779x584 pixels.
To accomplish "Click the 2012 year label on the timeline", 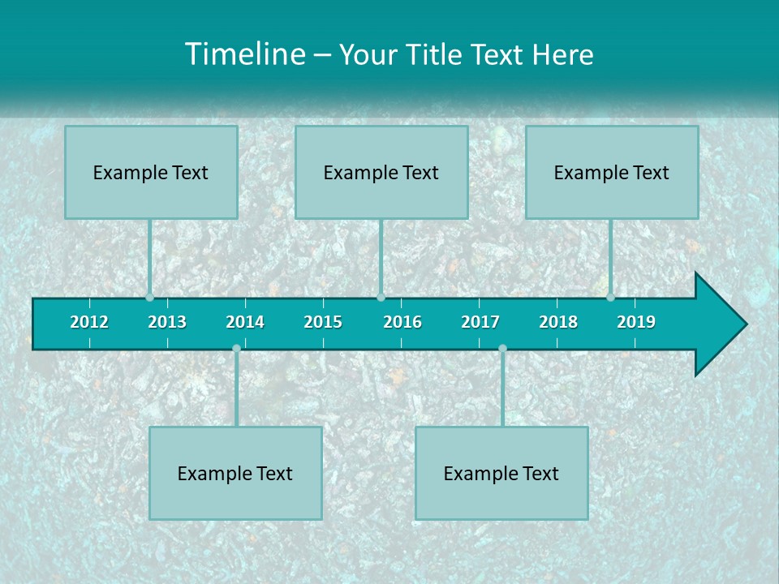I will [89, 322].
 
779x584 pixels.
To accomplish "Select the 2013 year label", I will [167, 322].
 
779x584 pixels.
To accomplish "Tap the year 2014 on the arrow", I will [245, 322].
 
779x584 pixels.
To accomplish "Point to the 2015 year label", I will [323, 322].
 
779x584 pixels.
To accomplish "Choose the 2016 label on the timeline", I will [402, 322].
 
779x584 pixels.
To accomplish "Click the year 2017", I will [480, 322].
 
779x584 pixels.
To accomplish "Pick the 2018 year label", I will [558, 322].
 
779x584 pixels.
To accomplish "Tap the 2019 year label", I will [636, 322].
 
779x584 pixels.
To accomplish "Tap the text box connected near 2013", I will [151, 172].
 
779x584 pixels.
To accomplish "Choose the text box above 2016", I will [381, 172].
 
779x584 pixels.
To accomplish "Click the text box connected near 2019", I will [612, 172].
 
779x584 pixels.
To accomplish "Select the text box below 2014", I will [235, 473].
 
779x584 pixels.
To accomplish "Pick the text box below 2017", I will [501, 473].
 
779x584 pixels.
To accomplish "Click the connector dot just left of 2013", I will [150, 297].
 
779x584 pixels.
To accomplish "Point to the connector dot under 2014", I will [236, 349].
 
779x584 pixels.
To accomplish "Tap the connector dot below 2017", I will [502, 349].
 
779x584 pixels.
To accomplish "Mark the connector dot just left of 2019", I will [611, 297].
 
